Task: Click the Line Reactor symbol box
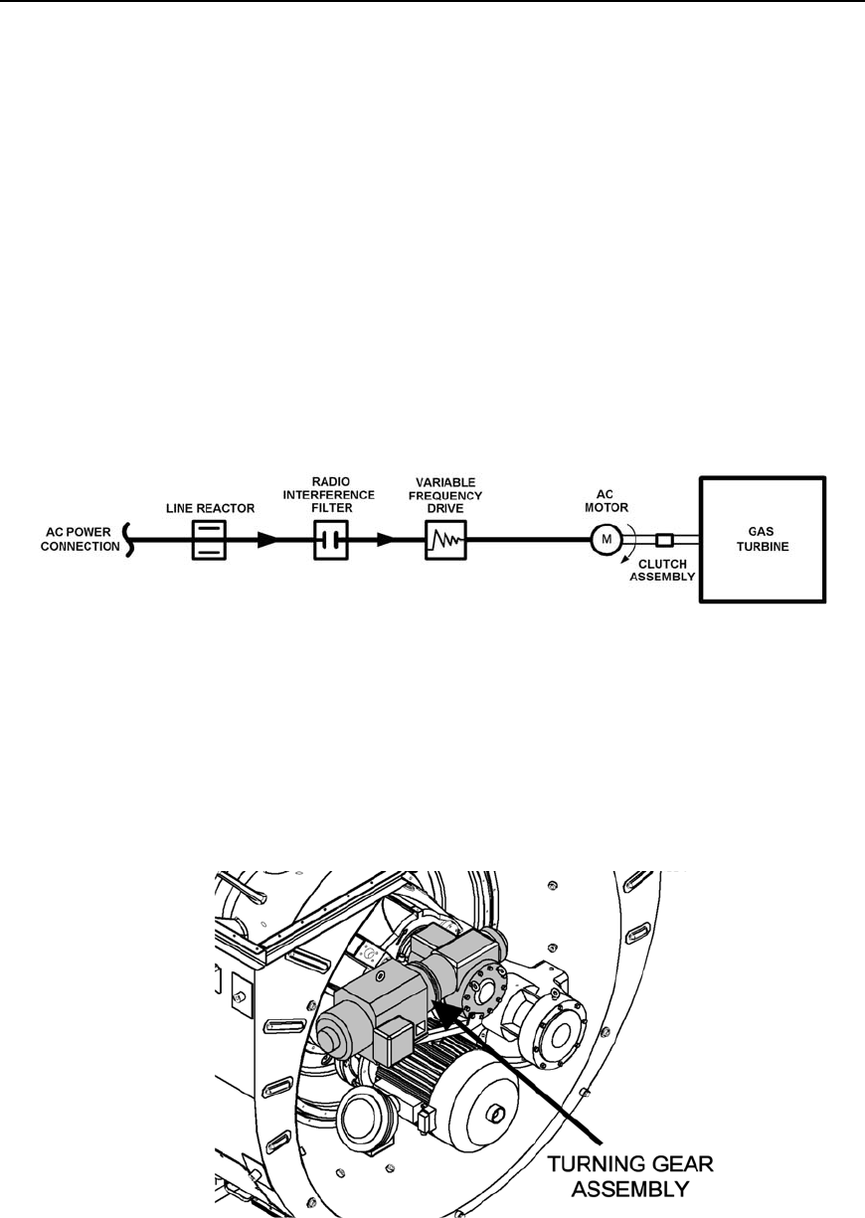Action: (x=210, y=541)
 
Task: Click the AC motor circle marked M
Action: (x=605, y=540)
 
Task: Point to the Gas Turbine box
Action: (x=763, y=540)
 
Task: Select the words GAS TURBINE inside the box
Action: (x=763, y=540)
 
